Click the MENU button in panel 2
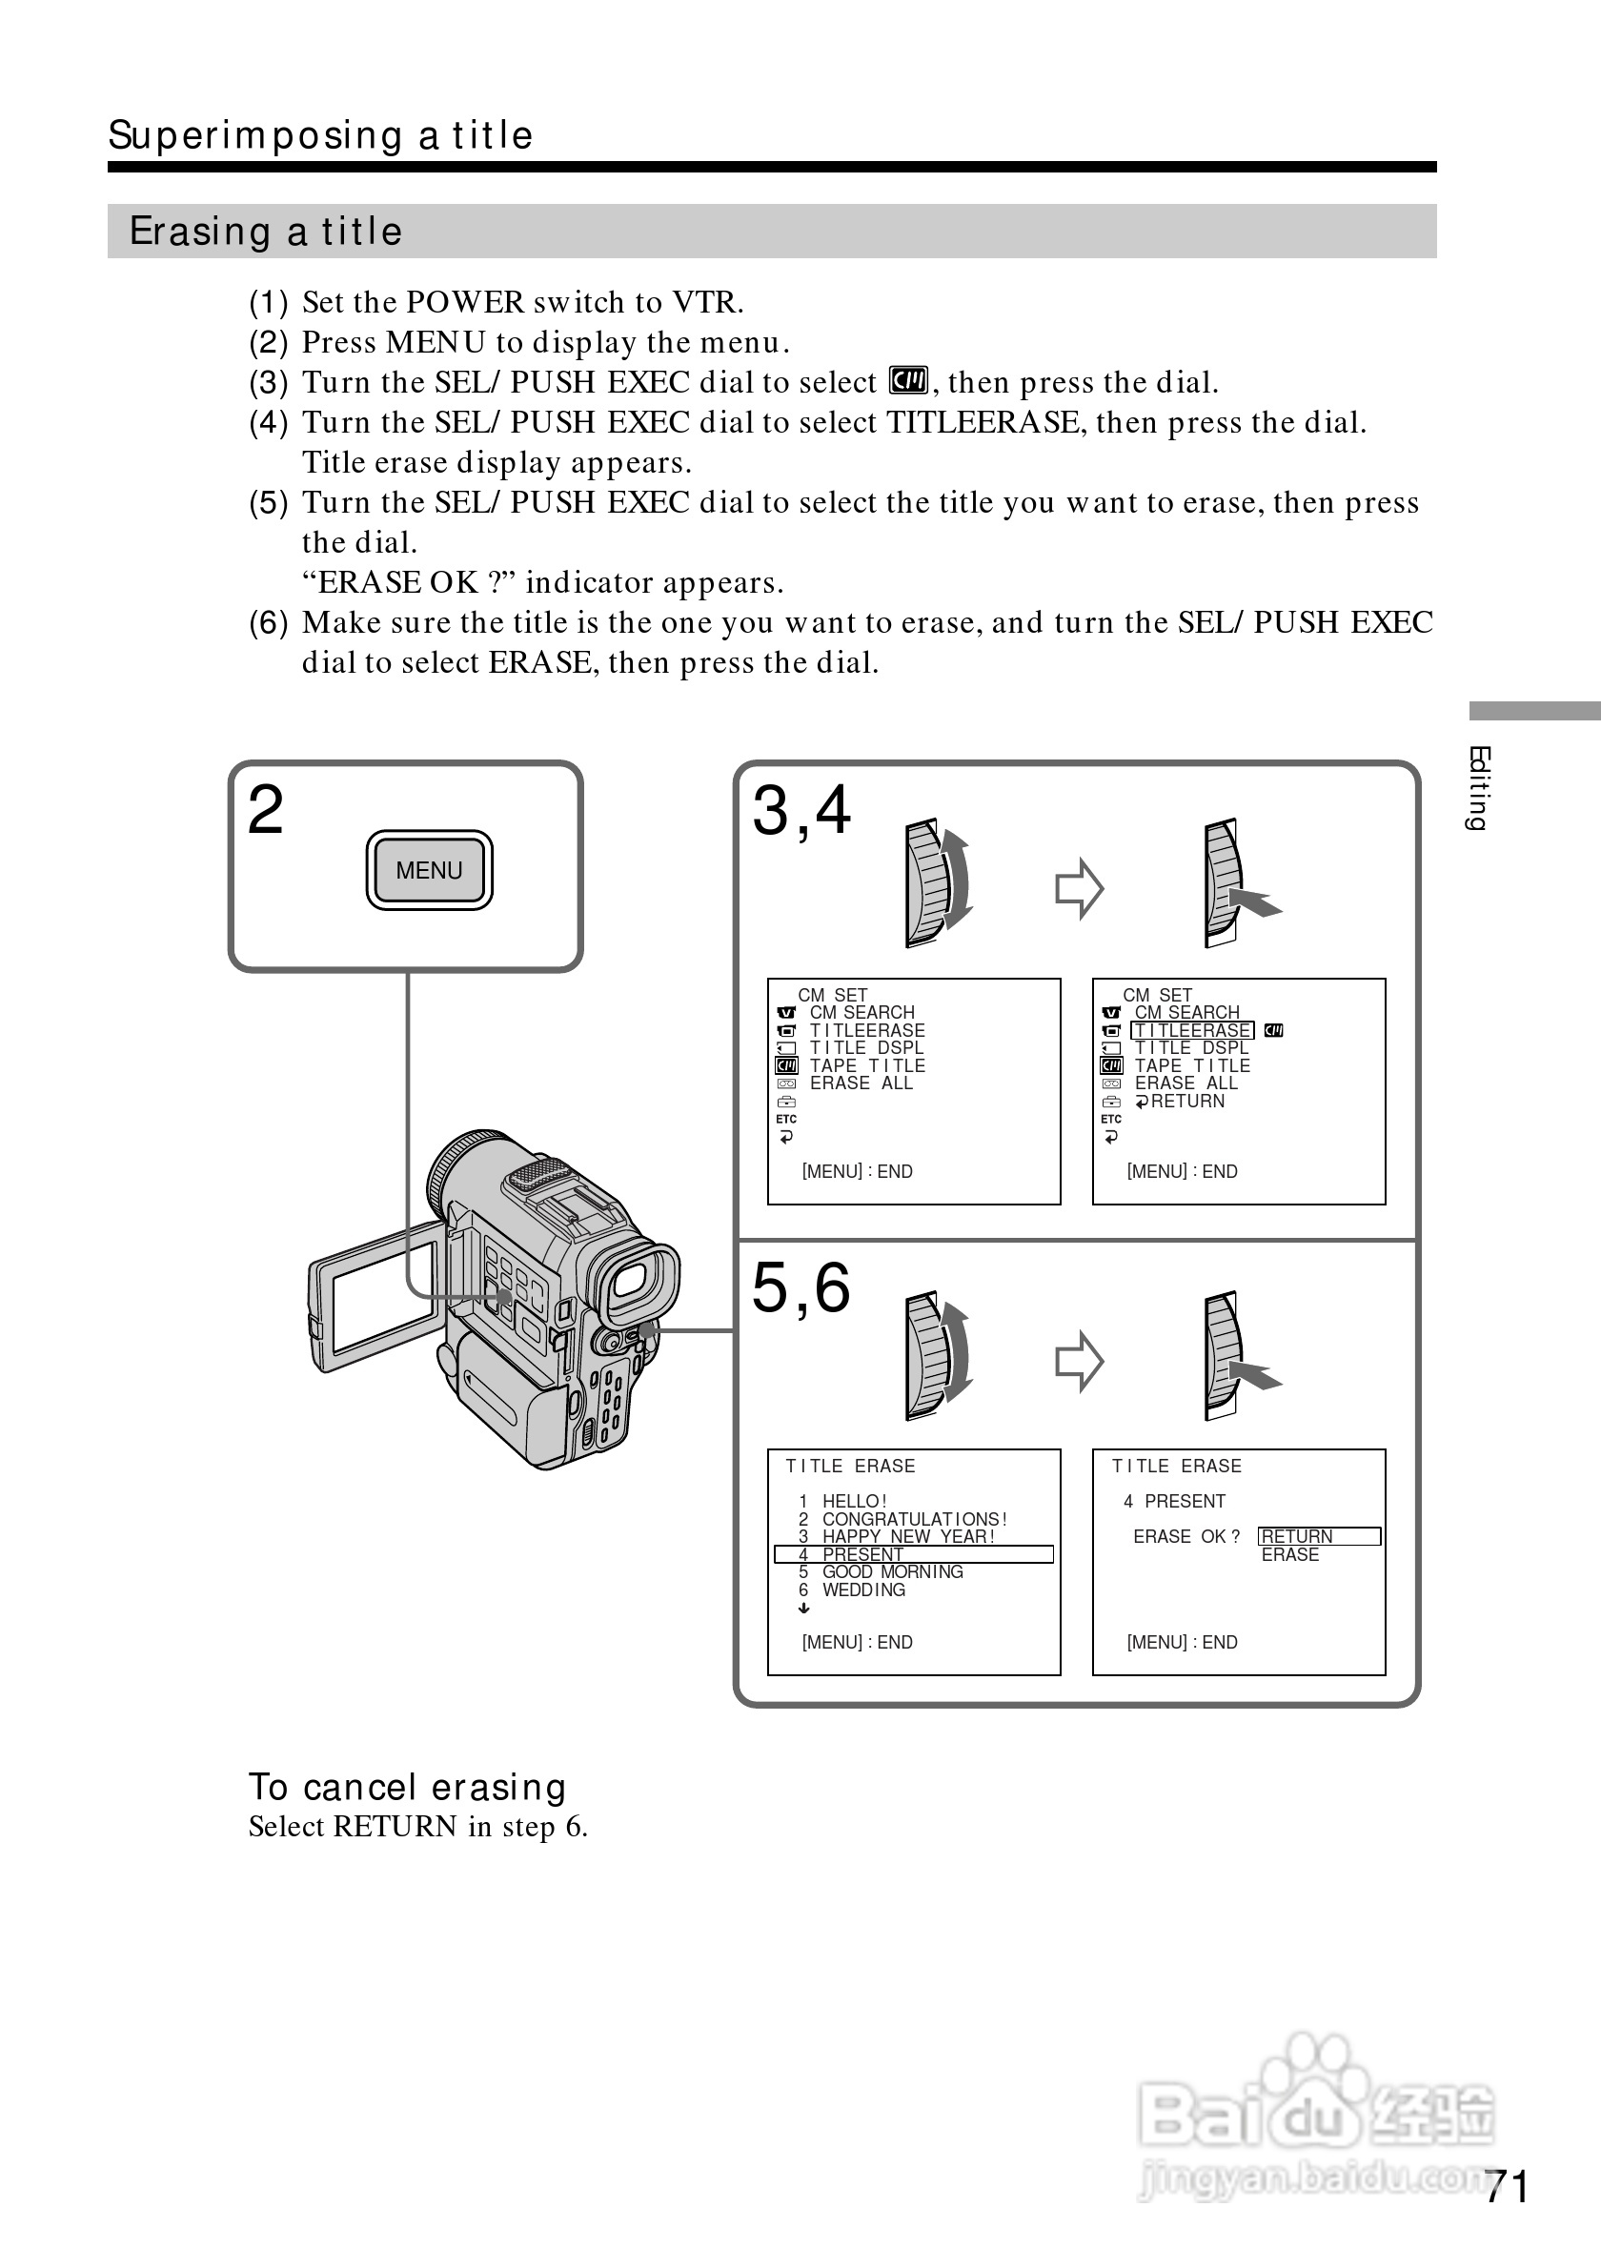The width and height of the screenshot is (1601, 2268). tap(429, 870)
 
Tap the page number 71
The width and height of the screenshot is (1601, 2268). tap(1508, 2186)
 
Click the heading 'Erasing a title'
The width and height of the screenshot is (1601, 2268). tap(266, 232)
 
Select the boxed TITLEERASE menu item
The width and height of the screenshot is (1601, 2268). tap(1192, 1030)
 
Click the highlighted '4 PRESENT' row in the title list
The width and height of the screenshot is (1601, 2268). tap(914, 1554)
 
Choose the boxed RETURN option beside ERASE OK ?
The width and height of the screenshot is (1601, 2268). tap(1319, 1536)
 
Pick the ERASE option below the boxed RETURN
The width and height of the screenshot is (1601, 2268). tap(1290, 1555)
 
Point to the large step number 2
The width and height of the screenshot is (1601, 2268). tap(266, 810)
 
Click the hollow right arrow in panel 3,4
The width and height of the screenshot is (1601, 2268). tap(1079, 888)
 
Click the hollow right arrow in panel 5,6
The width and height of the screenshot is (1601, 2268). tap(1079, 1361)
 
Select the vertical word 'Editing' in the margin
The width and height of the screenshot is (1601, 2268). tap(1477, 787)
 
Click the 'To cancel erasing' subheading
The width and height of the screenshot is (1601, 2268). tap(407, 1787)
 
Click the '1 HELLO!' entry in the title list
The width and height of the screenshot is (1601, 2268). tap(843, 1501)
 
